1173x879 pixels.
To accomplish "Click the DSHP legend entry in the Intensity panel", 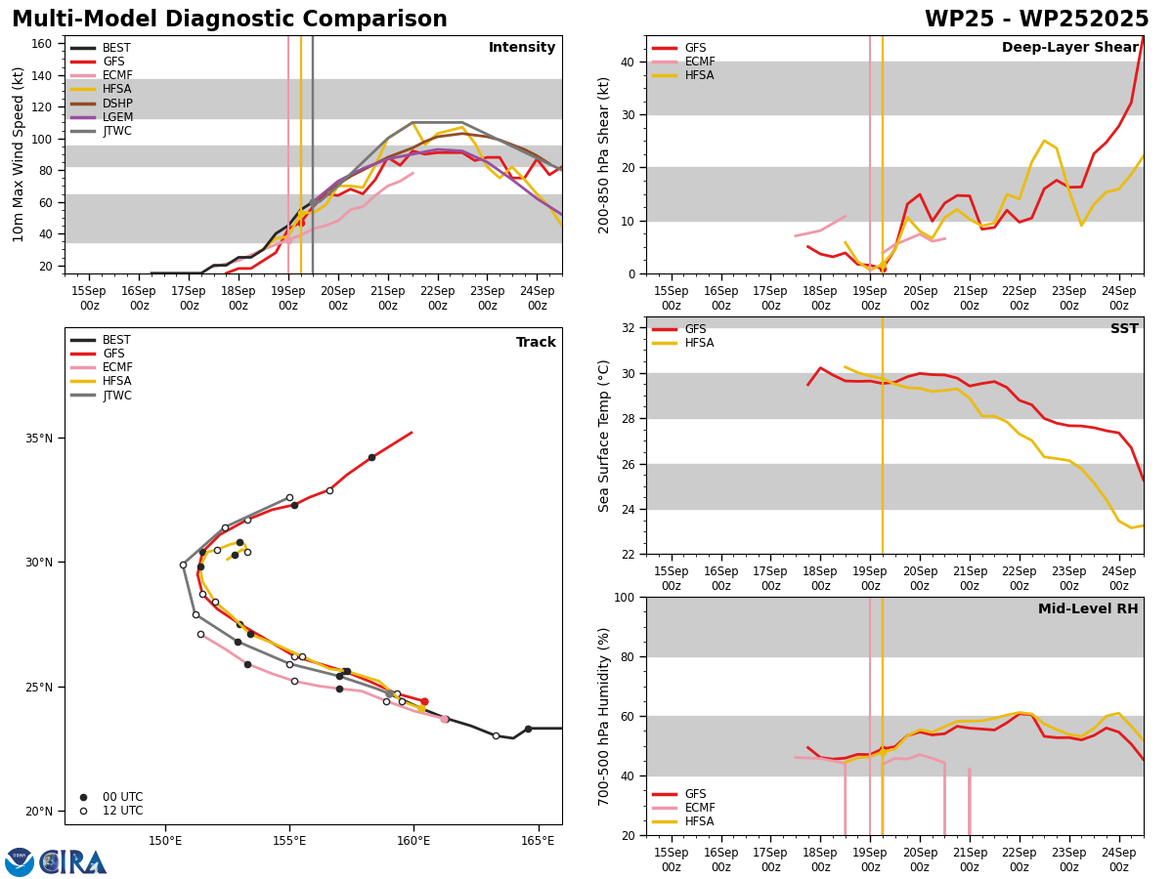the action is coord(102,103).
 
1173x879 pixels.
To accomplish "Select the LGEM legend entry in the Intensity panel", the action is coord(102,117).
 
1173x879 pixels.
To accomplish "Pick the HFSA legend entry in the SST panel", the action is coord(683,343).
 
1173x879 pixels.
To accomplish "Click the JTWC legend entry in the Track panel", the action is coord(101,396).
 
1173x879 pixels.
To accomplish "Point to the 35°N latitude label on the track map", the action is coord(39,439).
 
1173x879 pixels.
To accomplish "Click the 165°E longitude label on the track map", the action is coord(538,841).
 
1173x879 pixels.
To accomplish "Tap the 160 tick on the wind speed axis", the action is coord(41,44).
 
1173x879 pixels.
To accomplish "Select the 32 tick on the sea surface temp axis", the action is coord(628,328).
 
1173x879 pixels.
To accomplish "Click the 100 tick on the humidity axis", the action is coord(625,597).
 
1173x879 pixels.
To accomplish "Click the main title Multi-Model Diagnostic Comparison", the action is coord(230,19).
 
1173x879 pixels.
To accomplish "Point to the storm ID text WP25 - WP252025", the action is coord(1037,19).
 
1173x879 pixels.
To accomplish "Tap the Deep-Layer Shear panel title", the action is coord(1069,47).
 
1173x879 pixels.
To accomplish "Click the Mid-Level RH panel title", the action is coord(1088,608).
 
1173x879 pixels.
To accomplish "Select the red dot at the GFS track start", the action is coord(424,702).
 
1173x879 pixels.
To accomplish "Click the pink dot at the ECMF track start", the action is coord(445,720).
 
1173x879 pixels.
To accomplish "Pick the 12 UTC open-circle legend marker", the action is coord(83,812).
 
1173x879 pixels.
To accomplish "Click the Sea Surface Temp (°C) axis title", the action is coord(603,436).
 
